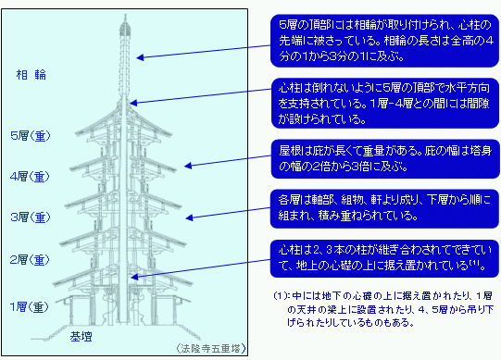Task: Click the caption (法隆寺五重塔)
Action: [x=210, y=348]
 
